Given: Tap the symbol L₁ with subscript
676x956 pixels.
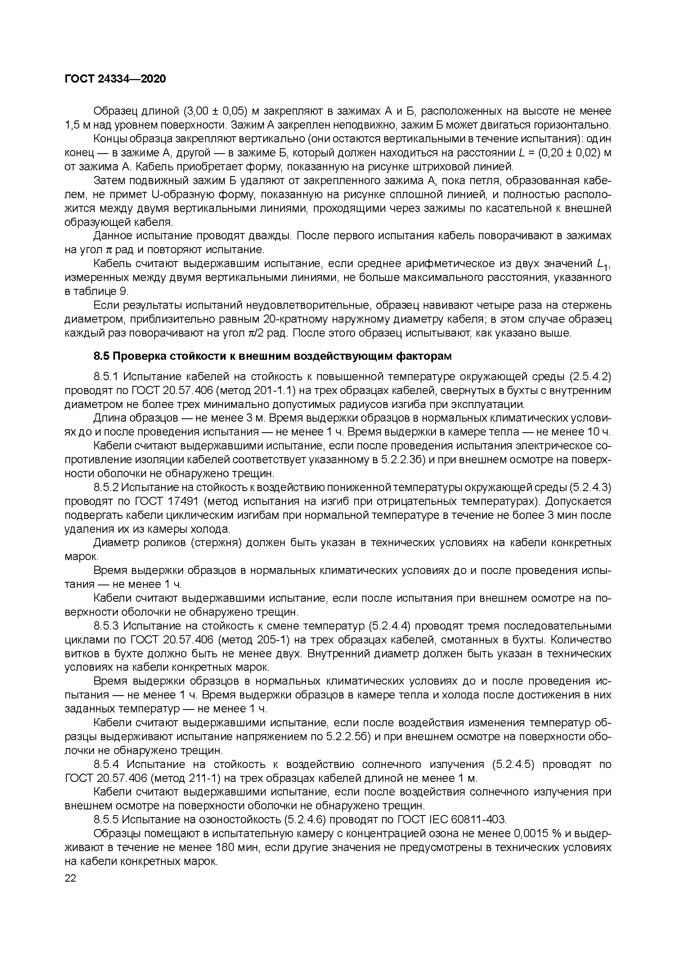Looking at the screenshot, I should [602, 264].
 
